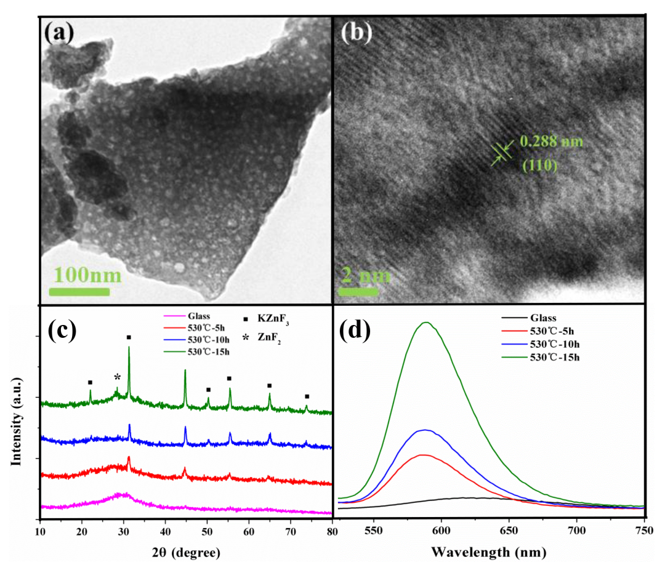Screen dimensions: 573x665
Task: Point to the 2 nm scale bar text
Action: tap(367, 274)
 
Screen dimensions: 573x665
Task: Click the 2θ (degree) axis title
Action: tap(187, 553)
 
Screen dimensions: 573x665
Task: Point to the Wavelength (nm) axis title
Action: tap(488, 553)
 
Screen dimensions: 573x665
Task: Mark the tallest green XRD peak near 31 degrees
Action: tap(129, 348)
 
